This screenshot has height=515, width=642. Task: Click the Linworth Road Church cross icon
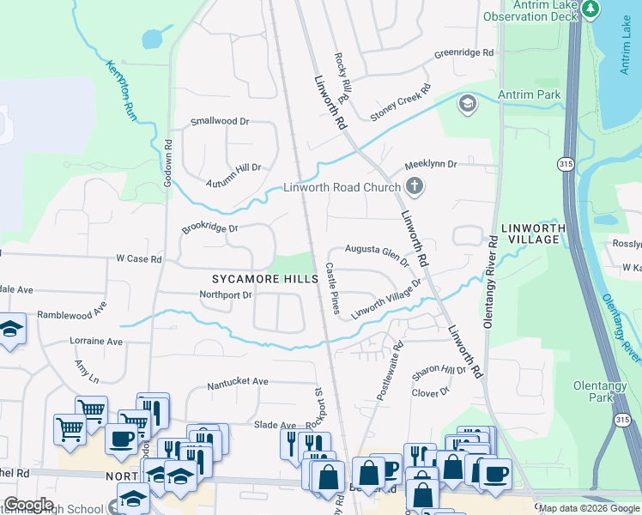(415, 186)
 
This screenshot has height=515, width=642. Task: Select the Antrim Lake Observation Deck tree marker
(591, 9)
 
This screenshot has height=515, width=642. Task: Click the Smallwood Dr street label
(220, 122)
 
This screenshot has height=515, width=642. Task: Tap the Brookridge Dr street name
(209, 229)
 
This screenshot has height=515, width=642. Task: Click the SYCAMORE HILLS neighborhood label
(266, 279)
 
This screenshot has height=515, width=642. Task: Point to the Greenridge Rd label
(463, 53)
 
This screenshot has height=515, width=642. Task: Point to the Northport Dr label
(226, 294)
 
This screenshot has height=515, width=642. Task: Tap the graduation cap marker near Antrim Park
(468, 105)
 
